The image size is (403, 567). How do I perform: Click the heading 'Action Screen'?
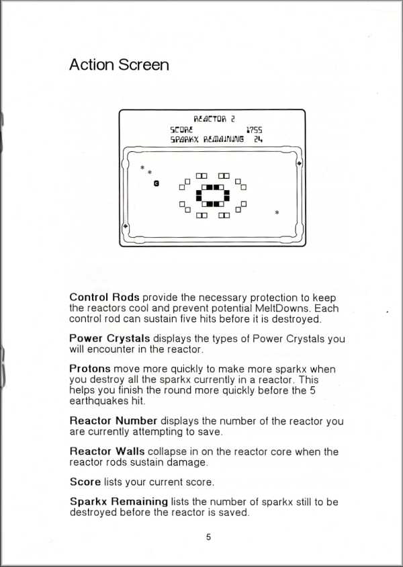point(119,65)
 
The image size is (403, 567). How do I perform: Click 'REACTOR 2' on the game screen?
point(214,118)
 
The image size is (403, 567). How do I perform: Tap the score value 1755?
point(254,129)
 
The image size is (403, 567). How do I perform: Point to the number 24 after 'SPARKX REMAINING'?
point(257,140)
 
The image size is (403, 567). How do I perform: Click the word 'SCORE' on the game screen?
point(181,129)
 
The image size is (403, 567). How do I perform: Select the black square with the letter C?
point(156,183)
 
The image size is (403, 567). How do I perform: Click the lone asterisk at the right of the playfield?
point(277,213)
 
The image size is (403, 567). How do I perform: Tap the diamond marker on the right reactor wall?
point(298,163)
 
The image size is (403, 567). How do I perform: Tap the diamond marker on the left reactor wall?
point(126,227)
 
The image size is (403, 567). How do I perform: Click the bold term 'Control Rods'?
point(104,297)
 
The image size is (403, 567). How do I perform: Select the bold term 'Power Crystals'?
point(109,339)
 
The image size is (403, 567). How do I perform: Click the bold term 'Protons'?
point(90,369)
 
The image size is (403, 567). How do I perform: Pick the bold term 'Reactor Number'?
point(114,421)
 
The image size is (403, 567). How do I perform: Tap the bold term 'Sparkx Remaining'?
point(118,501)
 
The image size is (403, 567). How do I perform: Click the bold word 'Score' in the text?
point(85,482)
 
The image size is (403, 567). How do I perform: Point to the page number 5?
point(208,537)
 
